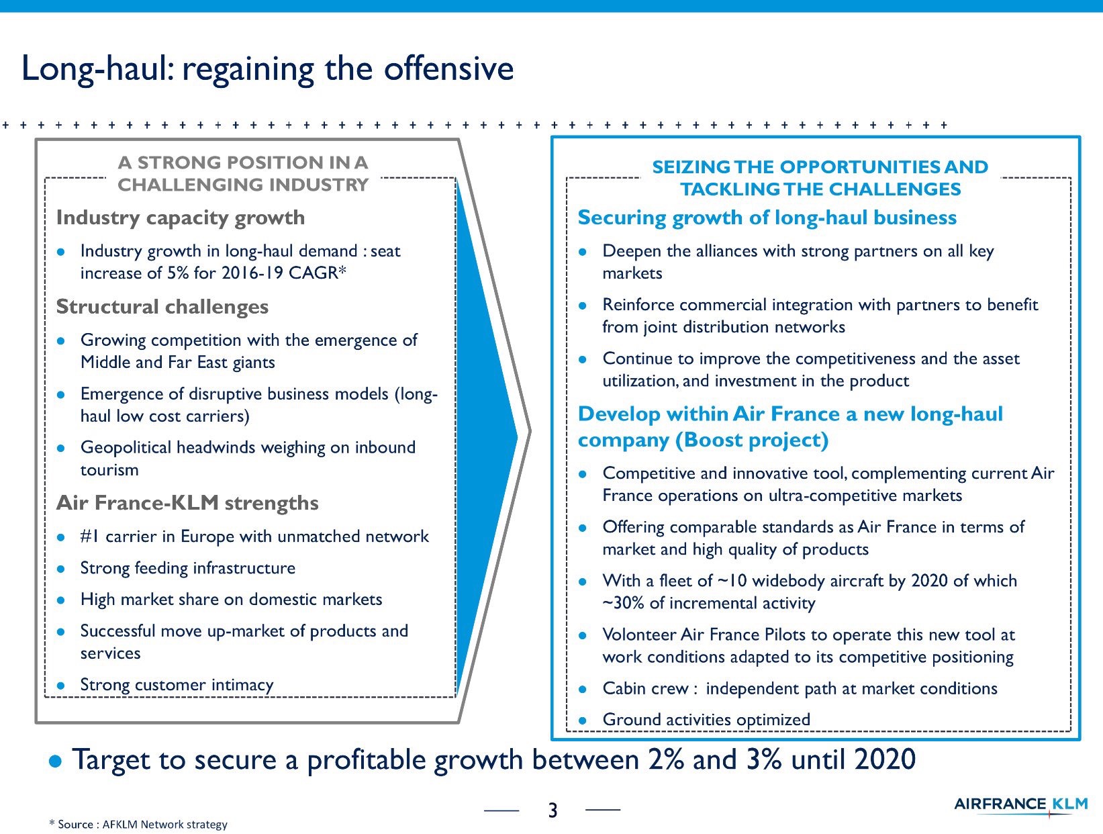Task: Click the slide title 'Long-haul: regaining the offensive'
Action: click(x=267, y=69)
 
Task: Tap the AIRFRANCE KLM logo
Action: click(x=1020, y=805)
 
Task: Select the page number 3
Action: click(x=553, y=810)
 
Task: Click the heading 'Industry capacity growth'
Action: click(x=181, y=218)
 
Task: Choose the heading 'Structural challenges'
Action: click(x=162, y=306)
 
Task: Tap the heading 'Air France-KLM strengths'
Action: click(x=187, y=503)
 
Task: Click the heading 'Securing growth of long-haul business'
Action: click(x=767, y=218)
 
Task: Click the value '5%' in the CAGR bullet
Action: click(x=178, y=273)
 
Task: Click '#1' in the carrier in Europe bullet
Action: click(x=90, y=536)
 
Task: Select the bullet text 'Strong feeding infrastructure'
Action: click(x=188, y=568)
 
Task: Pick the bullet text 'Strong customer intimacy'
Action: click(x=177, y=686)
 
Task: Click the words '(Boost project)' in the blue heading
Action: click(x=751, y=441)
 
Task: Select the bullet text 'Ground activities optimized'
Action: click(x=706, y=720)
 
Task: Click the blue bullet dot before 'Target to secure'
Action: click(x=55, y=761)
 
